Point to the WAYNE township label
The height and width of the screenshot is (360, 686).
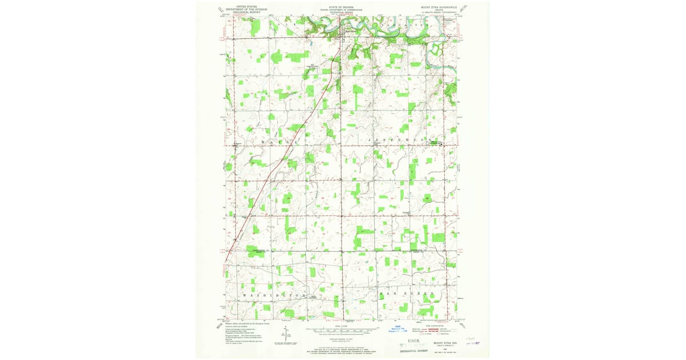coord(280,141)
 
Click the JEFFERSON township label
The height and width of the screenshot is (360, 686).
coord(400,139)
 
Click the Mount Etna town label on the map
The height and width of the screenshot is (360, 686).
coord(345,30)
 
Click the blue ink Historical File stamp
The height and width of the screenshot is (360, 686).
coord(400,330)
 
